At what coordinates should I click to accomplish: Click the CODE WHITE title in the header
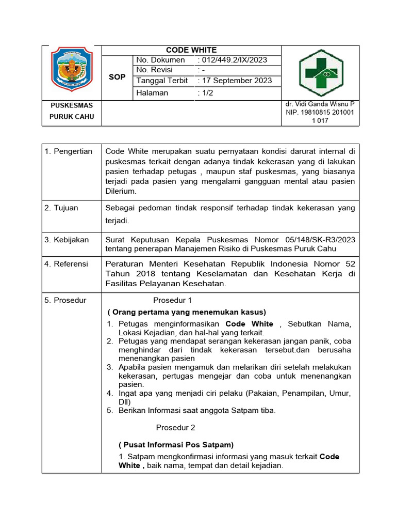191,50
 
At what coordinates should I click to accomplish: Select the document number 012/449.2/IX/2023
232,60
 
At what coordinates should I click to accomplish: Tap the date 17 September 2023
235,81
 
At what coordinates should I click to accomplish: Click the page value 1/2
204,93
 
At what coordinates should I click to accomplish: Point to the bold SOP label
117,77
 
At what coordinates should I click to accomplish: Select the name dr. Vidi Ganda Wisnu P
320,104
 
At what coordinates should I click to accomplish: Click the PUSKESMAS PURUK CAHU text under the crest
72,111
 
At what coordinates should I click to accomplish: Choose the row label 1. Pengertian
68,151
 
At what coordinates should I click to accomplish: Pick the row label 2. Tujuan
61,208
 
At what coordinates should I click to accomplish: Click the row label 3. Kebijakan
67,240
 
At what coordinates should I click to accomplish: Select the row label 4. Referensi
66,264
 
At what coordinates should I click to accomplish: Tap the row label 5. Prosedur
65,300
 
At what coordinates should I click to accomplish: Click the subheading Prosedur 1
172,300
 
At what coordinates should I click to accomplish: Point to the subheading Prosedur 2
175,427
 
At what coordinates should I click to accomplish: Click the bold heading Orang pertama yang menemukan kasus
187,312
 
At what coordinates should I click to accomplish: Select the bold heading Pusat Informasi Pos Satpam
176,445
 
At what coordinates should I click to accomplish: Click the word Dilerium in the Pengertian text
121,191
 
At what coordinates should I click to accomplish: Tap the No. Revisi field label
154,70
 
